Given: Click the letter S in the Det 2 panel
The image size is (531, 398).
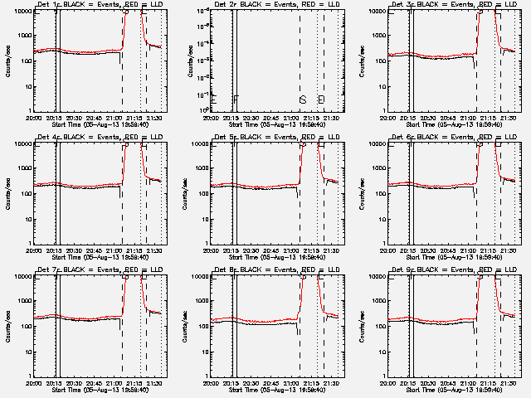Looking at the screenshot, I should tap(303, 99).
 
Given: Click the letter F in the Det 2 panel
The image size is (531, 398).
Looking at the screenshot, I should tap(236, 99).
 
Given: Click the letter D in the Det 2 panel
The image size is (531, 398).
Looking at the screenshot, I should tap(321, 99).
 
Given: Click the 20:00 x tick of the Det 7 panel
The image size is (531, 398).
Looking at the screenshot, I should tap(34, 382).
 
